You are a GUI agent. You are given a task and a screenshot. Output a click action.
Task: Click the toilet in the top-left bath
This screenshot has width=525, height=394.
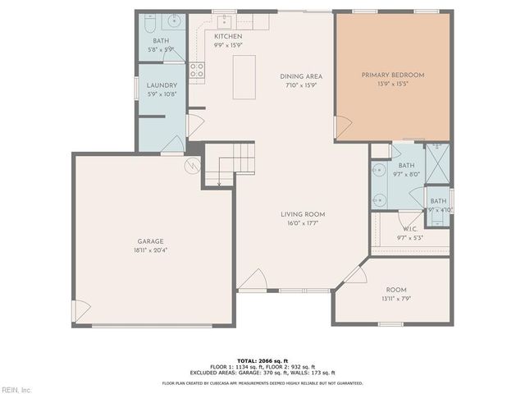pos(148,25)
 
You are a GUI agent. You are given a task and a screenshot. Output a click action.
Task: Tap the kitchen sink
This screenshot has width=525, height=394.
pos(223,21)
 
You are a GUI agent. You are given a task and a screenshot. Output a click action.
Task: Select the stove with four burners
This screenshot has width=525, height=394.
pos(197,71)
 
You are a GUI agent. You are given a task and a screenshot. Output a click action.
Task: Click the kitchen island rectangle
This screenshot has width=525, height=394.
pos(244,77)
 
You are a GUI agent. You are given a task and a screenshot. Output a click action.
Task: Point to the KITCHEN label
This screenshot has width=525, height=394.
pos(228,37)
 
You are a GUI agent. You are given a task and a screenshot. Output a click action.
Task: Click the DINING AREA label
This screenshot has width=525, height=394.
pos(301,76)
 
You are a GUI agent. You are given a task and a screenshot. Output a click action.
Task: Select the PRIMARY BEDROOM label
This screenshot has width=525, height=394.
pos(393,76)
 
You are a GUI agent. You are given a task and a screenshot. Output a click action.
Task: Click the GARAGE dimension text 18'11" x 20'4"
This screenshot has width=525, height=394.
pos(150,250)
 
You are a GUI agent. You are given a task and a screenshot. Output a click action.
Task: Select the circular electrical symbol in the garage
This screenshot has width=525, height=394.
pos(193,165)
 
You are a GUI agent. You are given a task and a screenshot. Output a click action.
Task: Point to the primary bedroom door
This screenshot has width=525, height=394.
pos(343,126)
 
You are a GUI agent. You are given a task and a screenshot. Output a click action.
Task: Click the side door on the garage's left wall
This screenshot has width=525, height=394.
pos(80,311)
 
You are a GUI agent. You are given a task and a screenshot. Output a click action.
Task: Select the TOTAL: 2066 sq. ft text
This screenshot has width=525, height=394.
pos(262,360)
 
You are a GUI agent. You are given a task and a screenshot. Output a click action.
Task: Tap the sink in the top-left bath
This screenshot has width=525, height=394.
pos(175,22)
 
